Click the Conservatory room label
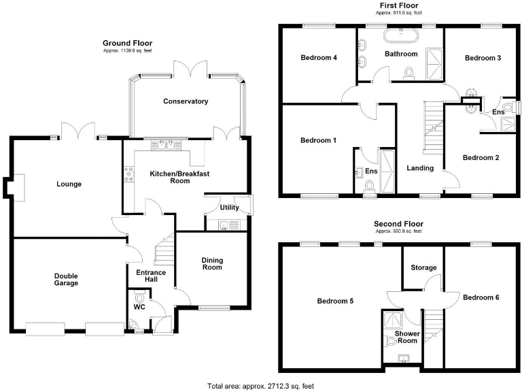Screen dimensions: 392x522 (x=185, y=101)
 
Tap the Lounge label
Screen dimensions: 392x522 (x=69, y=184)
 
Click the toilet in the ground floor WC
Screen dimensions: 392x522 (x=140, y=299)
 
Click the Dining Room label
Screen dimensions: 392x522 (x=212, y=263)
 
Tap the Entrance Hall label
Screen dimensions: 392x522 (x=151, y=276)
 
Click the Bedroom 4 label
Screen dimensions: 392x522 (x=319, y=58)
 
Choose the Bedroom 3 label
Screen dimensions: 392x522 (x=483, y=58)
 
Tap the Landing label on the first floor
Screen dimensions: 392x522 (x=420, y=167)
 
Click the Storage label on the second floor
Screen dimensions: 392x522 (x=423, y=267)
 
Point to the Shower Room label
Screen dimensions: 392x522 (x=406, y=337)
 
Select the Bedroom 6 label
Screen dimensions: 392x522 (x=481, y=297)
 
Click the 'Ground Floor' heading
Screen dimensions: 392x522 (x=128, y=42)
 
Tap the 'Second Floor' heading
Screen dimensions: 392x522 (x=398, y=223)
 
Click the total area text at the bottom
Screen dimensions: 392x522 (x=262, y=385)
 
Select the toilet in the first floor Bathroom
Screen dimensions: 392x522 (x=409, y=72)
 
